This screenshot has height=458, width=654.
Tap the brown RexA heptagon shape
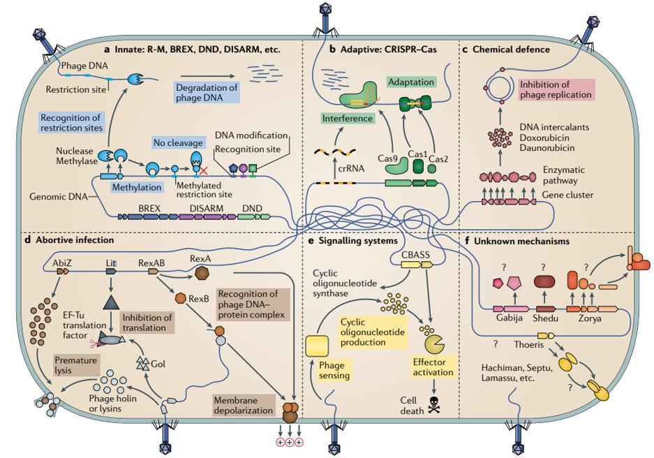click(x=200, y=271)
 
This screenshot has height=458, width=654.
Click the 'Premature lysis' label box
click(x=74, y=364)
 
